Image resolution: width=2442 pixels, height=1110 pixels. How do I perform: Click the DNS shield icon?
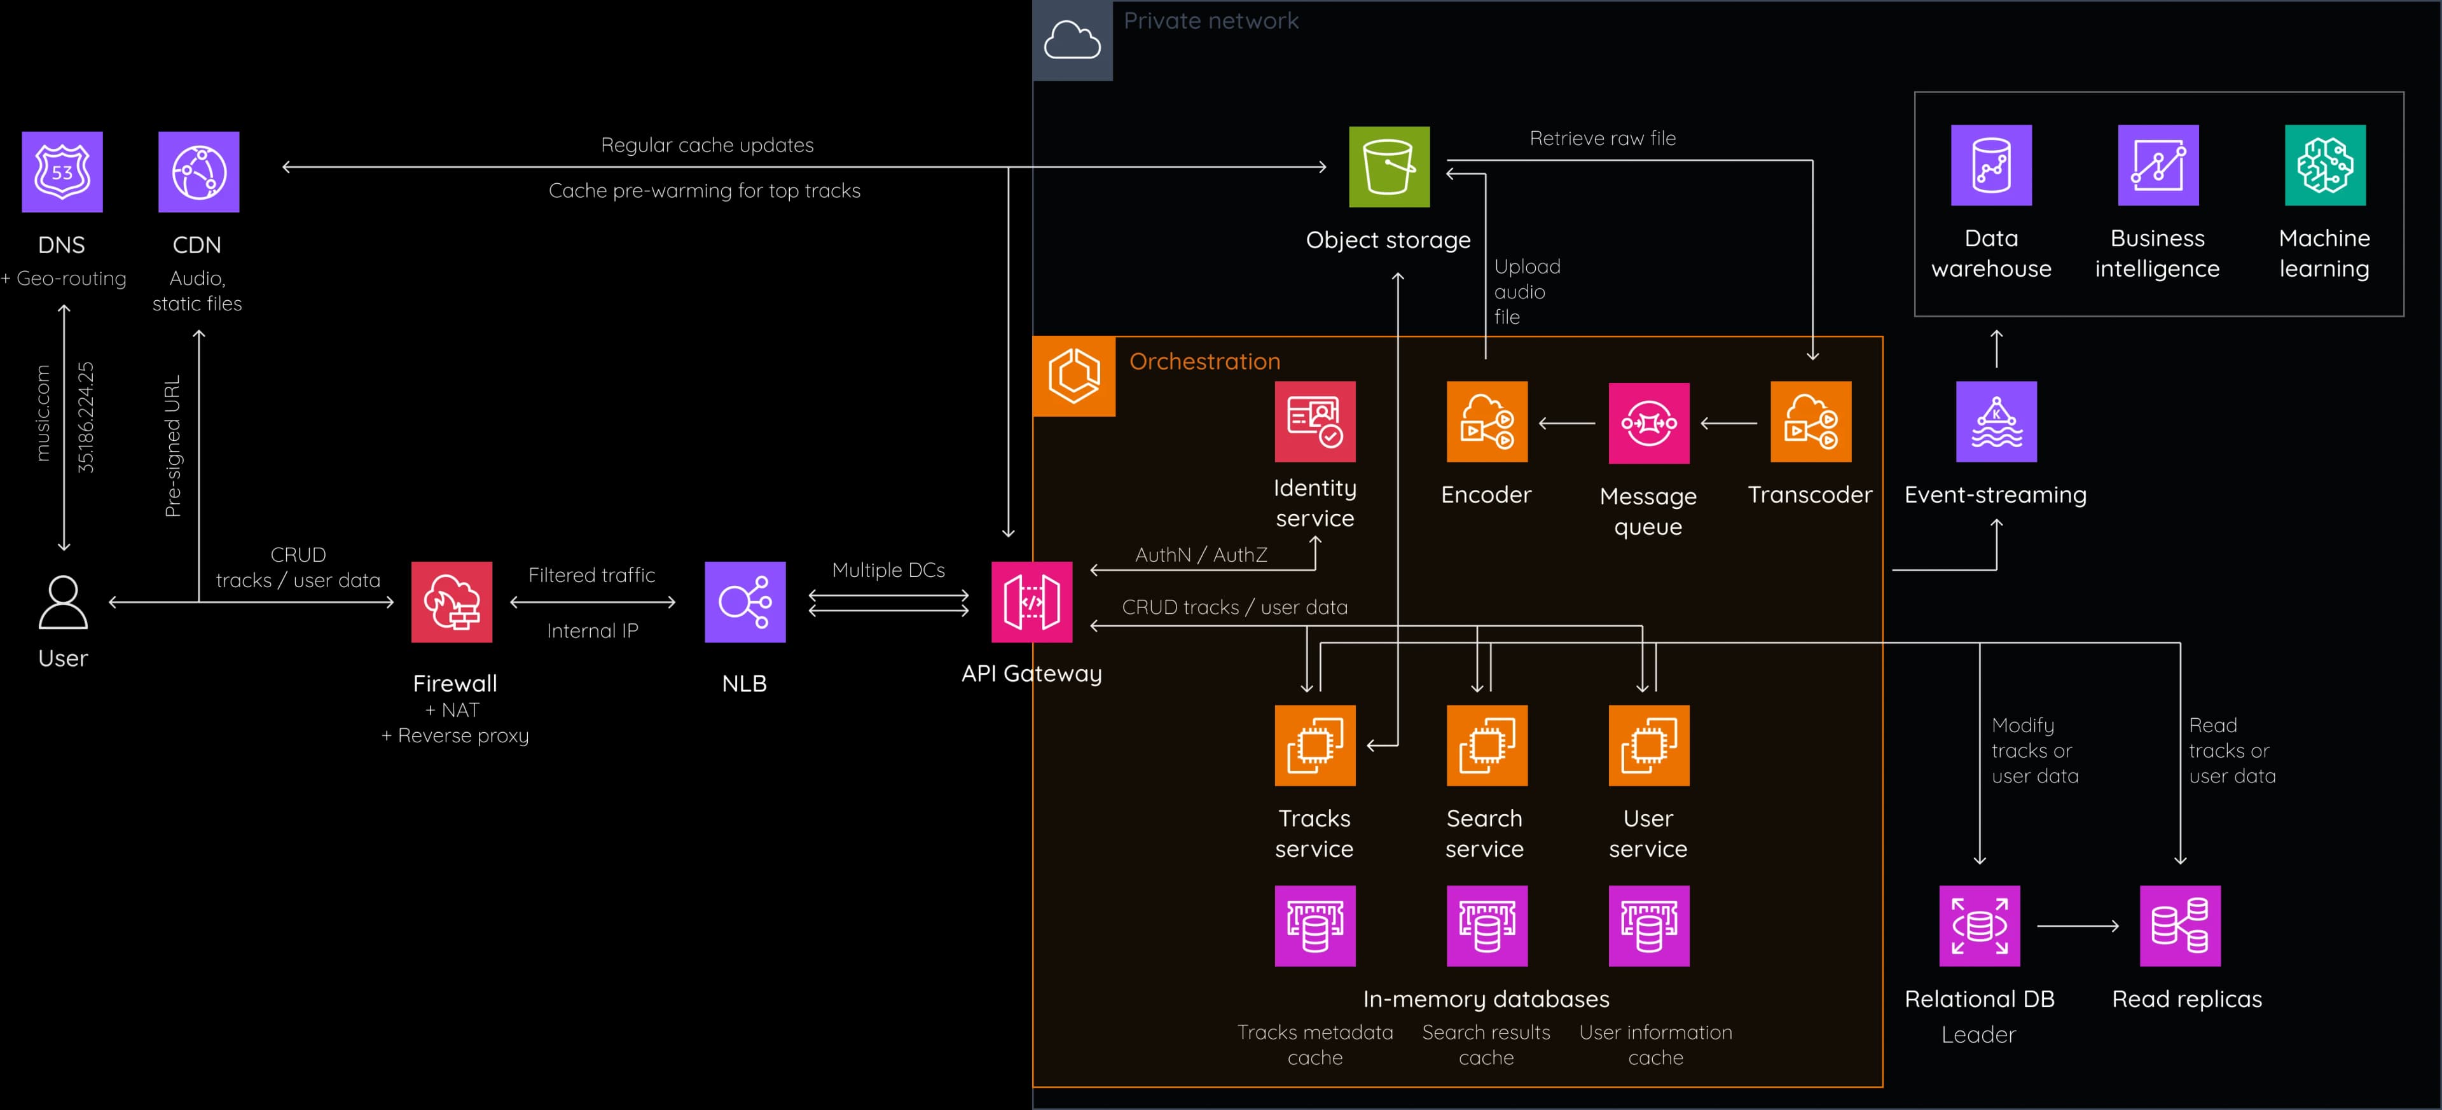point(62,172)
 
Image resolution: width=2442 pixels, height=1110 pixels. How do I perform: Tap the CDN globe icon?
point(198,172)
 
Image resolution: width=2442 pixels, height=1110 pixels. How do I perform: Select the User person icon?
point(62,603)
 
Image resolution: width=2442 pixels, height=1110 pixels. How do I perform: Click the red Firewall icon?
point(452,602)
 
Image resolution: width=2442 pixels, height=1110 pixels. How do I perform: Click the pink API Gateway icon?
point(1031,602)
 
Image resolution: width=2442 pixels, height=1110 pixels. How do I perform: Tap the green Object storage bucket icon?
point(1389,167)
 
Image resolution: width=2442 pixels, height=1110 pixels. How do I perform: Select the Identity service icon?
point(1315,422)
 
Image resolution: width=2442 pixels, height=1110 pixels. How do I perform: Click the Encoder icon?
point(1486,422)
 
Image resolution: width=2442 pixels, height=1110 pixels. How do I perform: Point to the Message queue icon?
point(1648,423)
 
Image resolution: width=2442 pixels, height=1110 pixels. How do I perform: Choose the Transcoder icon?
point(1811,422)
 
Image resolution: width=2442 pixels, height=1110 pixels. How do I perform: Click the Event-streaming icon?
point(1996,422)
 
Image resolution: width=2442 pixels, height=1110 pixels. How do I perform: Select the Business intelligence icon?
point(2158,165)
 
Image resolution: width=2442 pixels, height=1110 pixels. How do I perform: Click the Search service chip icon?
point(1486,745)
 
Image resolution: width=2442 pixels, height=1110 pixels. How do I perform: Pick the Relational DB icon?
point(1980,926)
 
